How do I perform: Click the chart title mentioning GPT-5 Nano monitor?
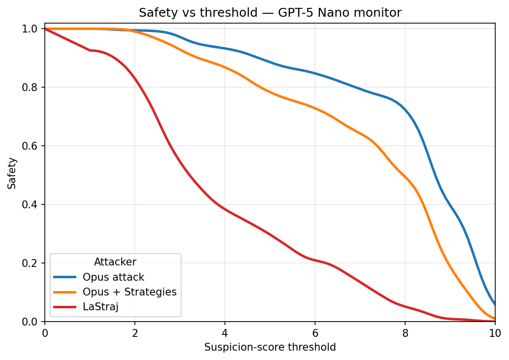click(270, 13)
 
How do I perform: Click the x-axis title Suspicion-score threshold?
click(270, 347)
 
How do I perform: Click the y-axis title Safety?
click(12, 173)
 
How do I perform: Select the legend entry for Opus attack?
click(113, 277)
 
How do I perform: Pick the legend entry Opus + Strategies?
click(129, 292)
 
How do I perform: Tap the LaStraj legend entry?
click(101, 307)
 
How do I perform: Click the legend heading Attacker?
click(115, 262)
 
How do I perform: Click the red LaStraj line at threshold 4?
click(225, 209)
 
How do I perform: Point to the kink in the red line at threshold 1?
click(90, 50)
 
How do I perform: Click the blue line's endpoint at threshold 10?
click(494, 304)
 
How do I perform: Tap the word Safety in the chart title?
click(154, 13)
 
